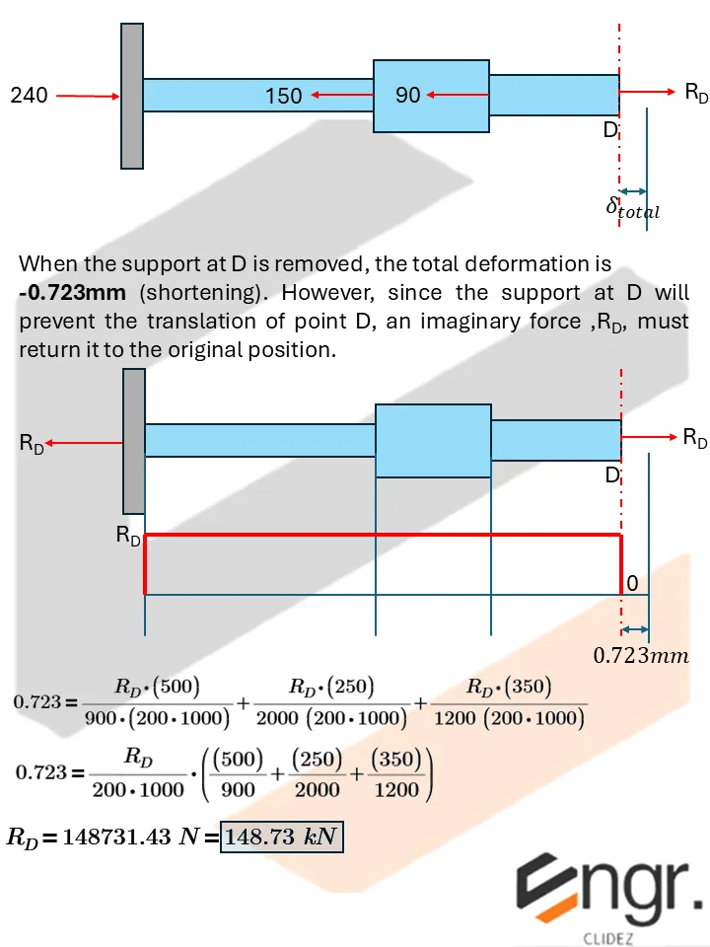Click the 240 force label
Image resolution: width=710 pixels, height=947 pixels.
[x=29, y=96]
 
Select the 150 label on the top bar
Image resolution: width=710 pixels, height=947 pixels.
[x=283, y=96]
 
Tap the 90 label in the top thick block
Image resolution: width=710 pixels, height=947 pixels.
[x=407, y=96]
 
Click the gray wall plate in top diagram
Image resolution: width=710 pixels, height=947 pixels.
[x=132, y=96]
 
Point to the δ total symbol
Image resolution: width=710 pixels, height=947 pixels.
[x=632, y=208]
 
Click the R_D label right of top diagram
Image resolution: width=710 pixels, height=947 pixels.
[x=696, y=93]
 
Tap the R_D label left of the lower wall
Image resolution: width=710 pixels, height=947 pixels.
[x=32, y=445]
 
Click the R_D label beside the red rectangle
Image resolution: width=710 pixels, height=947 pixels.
[x=128, y=537]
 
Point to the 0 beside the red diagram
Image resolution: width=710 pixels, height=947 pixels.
[x=633, y=585]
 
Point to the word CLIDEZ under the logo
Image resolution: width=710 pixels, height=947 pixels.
[x=611, y=933]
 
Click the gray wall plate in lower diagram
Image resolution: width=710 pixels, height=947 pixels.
[x=133, y=440]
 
